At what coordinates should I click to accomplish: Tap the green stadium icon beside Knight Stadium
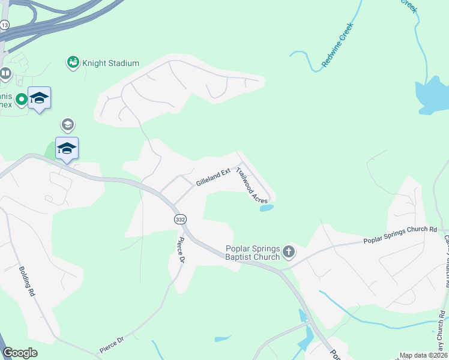coord(73,62)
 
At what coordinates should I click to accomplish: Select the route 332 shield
coord(180,220)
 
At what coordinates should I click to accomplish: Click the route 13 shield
coord(5,25)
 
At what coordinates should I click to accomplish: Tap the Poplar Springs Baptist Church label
coord(253,253)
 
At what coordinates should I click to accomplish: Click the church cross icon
coord(289,252)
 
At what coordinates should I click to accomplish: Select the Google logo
coord(20,353)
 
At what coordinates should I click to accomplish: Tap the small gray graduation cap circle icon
coord(67,125)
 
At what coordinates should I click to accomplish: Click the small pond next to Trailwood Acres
coord(266,208)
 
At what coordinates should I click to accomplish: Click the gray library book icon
coord(5,74)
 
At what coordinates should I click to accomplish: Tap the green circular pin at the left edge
coord(22,99)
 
